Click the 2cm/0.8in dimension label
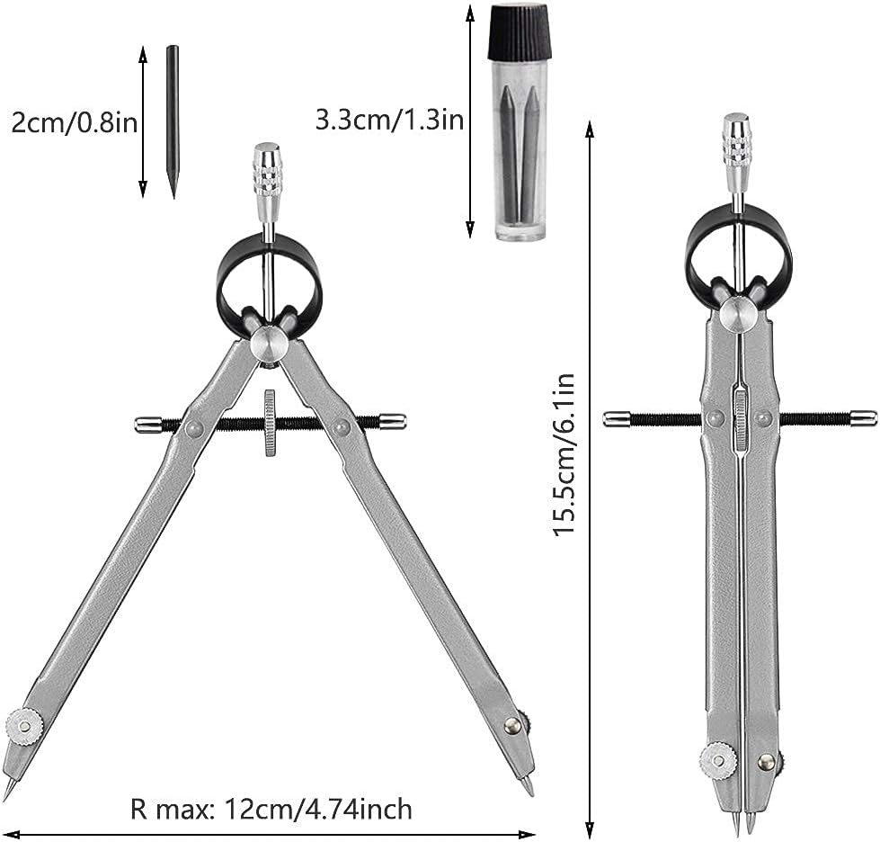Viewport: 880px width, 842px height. click(x=75, y=121)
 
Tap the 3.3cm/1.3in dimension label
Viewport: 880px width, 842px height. click(x=389, y=120)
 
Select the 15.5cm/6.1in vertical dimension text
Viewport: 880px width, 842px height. click(x=564, y=454)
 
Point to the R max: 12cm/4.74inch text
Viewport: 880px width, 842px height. click(x=271, y=810)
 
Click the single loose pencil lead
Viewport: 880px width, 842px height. click(x=173, y=121)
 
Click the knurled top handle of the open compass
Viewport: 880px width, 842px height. click(x=268, y=182)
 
